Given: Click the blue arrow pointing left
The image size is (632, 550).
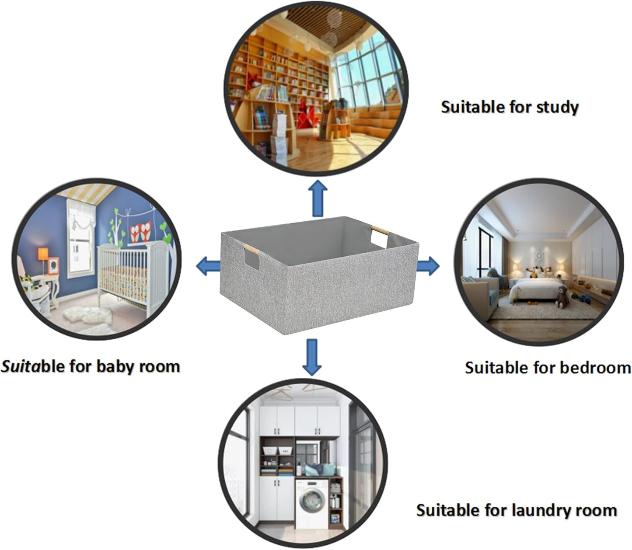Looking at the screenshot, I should coord(208,266).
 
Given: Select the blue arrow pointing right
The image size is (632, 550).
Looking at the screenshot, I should coord(428,265).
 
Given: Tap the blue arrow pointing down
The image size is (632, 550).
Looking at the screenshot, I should coord(312,356).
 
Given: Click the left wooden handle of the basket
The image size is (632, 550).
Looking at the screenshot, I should coord(251,251).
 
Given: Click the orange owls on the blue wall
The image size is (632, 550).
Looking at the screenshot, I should coord(141,231).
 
